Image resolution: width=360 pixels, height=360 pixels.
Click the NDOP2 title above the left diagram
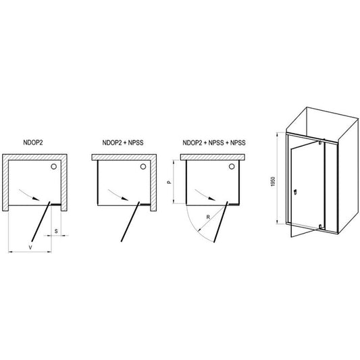[x=33, y=143]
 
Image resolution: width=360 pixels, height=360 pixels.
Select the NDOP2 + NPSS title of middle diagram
[x=123, y=143]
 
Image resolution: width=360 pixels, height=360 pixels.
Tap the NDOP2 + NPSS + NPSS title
[x=214, y=143]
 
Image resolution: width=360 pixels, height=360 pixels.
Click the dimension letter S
[x=56, y=231]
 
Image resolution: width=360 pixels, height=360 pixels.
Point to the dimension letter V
[x=30, y=247]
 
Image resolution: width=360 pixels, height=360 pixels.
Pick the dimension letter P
[x=170, y=182]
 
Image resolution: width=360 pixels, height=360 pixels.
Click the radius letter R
[x=208, y=217]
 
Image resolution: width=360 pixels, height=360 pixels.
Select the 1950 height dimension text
[x=273, y=182]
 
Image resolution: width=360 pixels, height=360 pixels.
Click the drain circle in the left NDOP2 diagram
[x=54, y=166]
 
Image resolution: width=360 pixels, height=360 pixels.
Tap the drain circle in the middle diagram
[x=143, y=166]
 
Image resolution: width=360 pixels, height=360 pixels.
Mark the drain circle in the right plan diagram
[x=232, y=166]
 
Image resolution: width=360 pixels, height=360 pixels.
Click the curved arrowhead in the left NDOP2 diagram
[x=36, y=198]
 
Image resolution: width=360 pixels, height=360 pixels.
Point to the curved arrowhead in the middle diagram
[x=125, y=198]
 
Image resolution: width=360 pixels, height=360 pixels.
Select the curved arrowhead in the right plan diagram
[x=212, y=198]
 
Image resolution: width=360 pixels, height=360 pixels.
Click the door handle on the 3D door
[x=295, y=191]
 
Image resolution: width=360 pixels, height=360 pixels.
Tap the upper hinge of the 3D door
[x=320, y=143]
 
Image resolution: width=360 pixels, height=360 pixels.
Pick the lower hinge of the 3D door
[x=320, y=227]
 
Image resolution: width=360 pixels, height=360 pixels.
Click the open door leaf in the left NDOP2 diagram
[x=41, y=222]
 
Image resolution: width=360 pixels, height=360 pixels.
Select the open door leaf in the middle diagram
[x=130, y=222]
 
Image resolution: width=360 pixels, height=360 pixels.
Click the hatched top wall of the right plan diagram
[x=213, y=157]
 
